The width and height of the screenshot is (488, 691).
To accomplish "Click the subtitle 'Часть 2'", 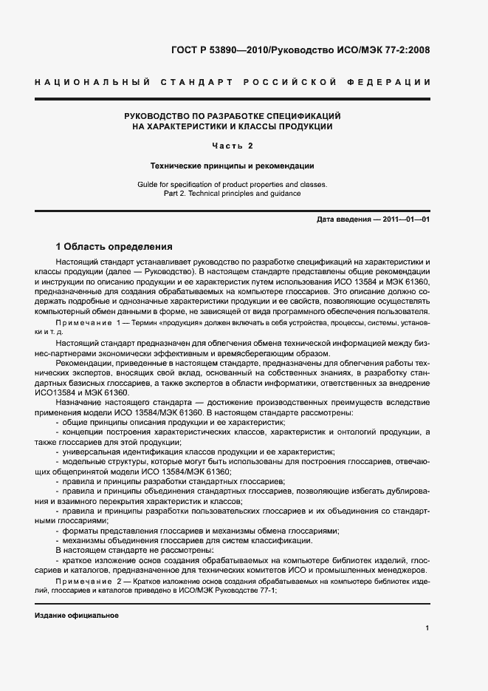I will click(x=233, y=146).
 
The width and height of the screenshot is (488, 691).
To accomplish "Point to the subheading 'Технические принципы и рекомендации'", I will click(x=233, y=166).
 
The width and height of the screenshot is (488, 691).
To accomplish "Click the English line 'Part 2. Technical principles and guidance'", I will click(x=233, y=194).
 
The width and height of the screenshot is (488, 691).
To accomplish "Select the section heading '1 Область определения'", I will click(x=114, y=246).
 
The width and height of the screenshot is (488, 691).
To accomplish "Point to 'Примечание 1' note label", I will click(x=86, y=324).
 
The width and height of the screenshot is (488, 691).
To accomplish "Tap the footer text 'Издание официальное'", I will click(x=76, y=616).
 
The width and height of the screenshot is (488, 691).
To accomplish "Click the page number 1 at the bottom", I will click(x=427, y=627).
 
